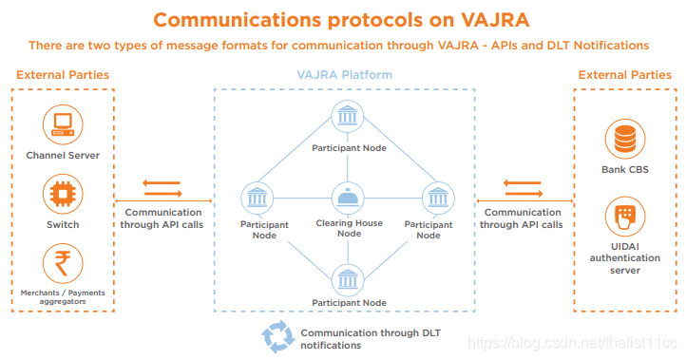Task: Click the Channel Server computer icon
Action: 63,124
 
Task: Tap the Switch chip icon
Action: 63,194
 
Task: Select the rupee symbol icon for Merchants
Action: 63,263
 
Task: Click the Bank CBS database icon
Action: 625,139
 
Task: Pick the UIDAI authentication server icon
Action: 625,217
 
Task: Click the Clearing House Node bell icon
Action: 349,199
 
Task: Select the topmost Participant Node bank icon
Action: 348,116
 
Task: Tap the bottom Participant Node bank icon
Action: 348,280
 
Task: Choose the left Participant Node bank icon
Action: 257,199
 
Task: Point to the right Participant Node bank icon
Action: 438,199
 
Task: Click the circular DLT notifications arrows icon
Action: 277,337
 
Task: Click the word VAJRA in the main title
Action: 495,20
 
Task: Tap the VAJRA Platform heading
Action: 345,75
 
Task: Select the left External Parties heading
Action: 63,75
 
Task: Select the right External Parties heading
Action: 625,75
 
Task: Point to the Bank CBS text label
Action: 625,170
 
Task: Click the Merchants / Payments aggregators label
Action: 63,297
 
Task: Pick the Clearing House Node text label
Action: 349,228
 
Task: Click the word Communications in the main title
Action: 238,20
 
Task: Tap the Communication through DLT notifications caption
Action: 371,339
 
